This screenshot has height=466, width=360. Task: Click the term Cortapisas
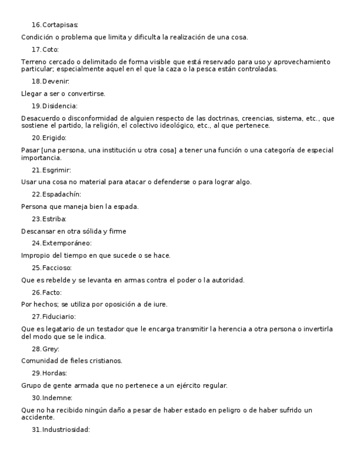(60, 25)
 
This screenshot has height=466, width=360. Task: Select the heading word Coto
(51, 49)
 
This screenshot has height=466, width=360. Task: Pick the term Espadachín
(61, 195)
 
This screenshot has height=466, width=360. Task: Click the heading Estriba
(54, 219)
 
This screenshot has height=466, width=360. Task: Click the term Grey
(51, 348)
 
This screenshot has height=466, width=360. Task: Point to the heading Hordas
(54, 373)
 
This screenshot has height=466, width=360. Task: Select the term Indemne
(57, 397)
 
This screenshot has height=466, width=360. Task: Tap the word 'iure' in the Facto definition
(158, 304)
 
